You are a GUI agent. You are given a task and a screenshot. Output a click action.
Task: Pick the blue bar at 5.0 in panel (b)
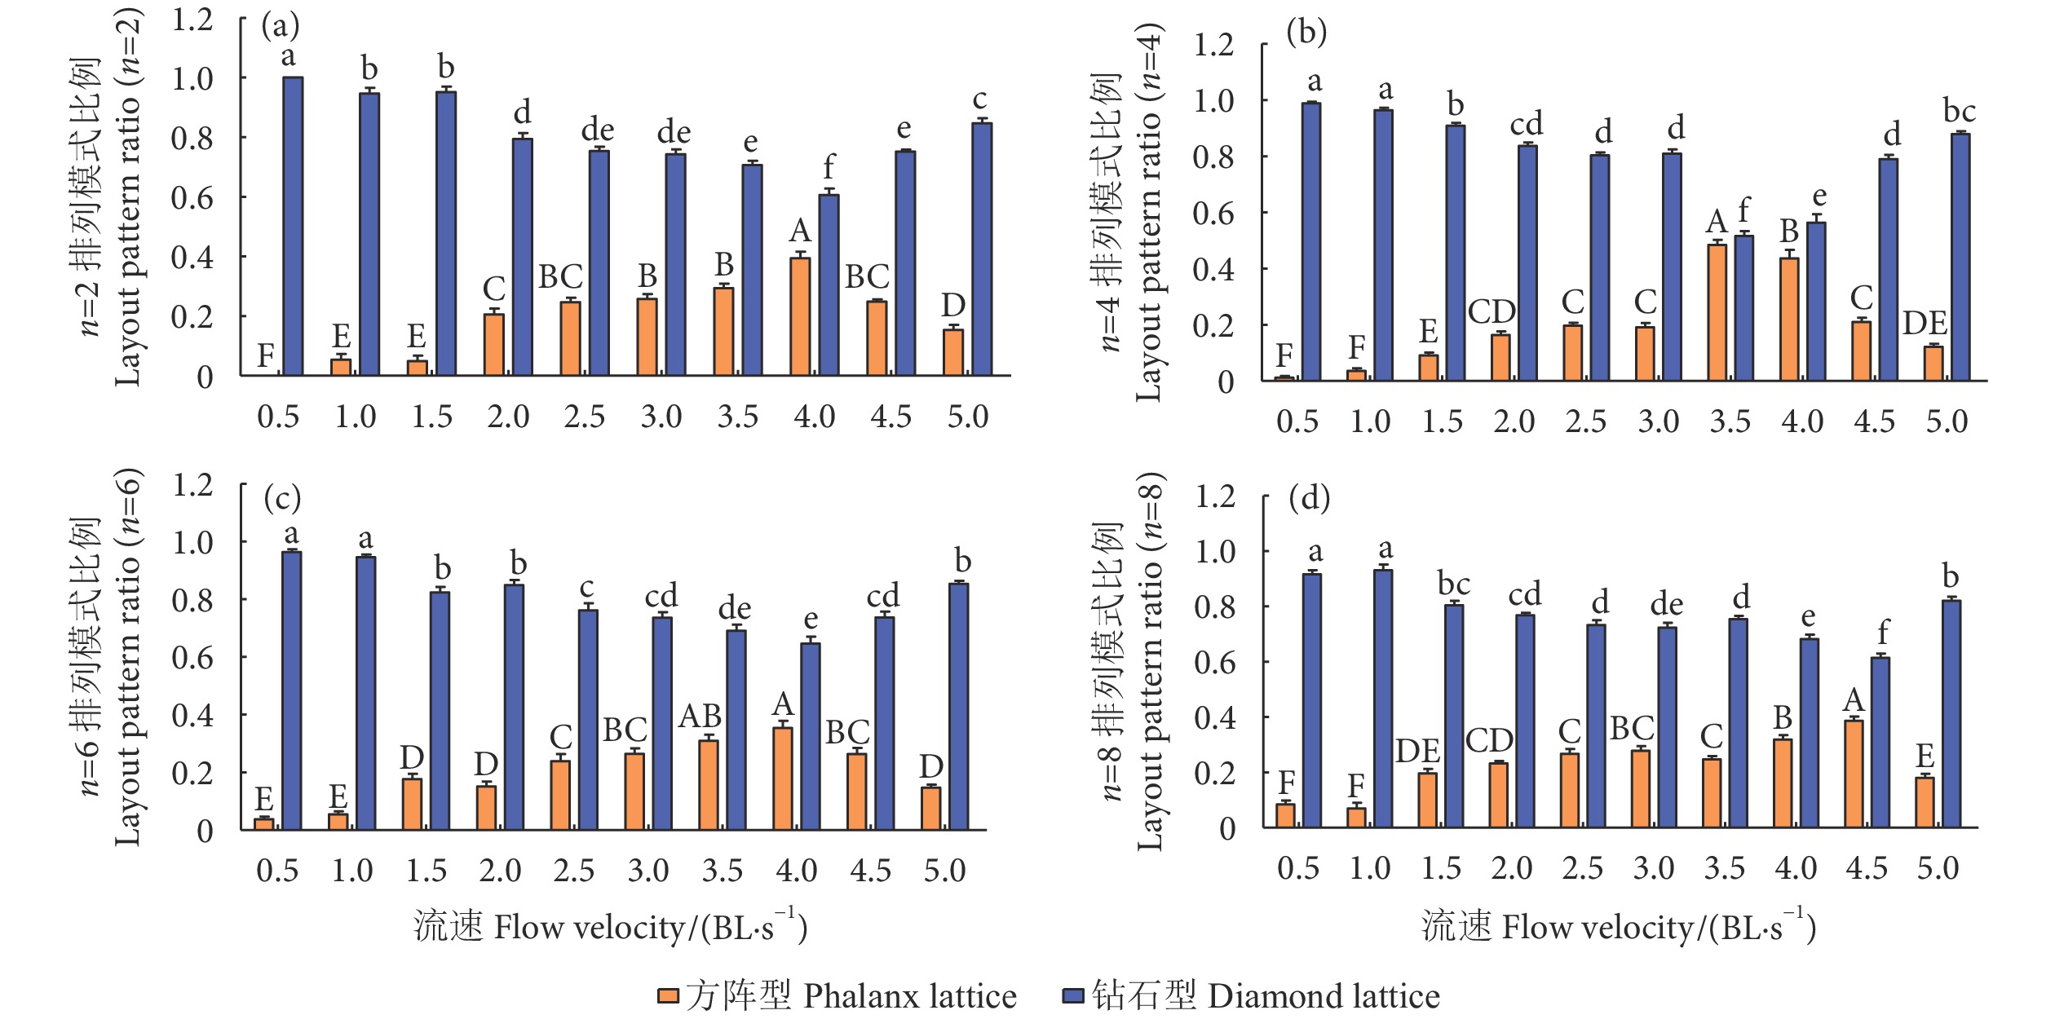[x=1960, y=257]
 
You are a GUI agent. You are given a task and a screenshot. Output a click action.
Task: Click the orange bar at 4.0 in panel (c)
[x=783, y=779]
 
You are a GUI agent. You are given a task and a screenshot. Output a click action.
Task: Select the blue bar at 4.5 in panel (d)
[x=1880, y=742]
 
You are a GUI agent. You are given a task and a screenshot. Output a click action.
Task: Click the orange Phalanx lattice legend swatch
[x=668, y=995]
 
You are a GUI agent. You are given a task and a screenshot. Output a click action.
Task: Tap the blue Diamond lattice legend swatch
[x=1072, y=995]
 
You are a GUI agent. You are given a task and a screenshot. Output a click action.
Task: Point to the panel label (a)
[x=281, y=26]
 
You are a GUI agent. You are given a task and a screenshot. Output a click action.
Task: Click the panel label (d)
[x=1309, y=497]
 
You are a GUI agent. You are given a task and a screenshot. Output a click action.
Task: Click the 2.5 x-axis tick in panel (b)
[x=1585, y=421]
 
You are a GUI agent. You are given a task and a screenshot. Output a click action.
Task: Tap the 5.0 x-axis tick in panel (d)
[x=1938, y=868]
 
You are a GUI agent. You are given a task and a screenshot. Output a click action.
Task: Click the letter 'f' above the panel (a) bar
[x=829, y=167]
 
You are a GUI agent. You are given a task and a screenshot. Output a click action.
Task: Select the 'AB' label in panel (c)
[x=700, y=716]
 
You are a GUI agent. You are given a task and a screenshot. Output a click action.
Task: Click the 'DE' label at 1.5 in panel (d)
[x=1417, y=751]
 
